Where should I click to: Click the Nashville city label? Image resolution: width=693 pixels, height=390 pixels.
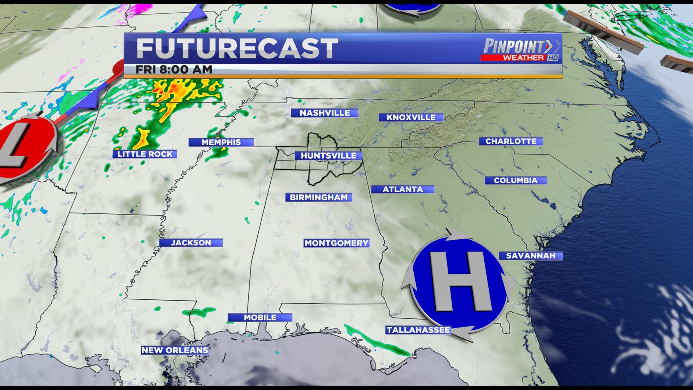point(324,113)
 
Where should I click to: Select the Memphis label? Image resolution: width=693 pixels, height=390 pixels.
point(221,142)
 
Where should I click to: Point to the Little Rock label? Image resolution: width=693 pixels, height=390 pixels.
point(145,154)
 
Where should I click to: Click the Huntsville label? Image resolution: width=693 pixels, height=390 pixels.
point(328,156)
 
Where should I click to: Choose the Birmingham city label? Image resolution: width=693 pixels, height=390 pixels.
point(319,198)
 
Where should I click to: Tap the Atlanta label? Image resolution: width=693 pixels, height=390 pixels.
point(402,189)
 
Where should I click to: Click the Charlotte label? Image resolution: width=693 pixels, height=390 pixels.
point(511,141)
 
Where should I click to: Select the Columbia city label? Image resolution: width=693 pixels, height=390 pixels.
point(515,180)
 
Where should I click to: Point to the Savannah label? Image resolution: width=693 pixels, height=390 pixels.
point(531,256)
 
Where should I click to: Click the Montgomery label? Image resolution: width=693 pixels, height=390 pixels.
point(336,243)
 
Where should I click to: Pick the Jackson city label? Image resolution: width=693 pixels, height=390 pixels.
point(191,243)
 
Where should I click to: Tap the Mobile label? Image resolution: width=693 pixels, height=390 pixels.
point(260,317)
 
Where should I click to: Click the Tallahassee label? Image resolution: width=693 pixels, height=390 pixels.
point(418,330)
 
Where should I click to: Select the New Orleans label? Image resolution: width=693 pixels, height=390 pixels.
point(175,350)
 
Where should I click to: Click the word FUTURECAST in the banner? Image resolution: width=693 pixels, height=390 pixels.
point(237,49)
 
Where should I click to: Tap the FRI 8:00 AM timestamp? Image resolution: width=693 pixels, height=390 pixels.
point(174,70)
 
